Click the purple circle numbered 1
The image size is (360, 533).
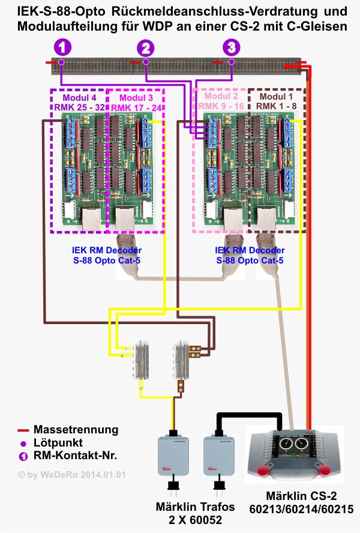62,47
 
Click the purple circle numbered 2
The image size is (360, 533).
145,47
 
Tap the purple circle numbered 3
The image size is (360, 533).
231,47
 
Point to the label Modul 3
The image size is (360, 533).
136,97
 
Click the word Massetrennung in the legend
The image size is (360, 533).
76,430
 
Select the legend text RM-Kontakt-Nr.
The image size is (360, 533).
75,456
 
